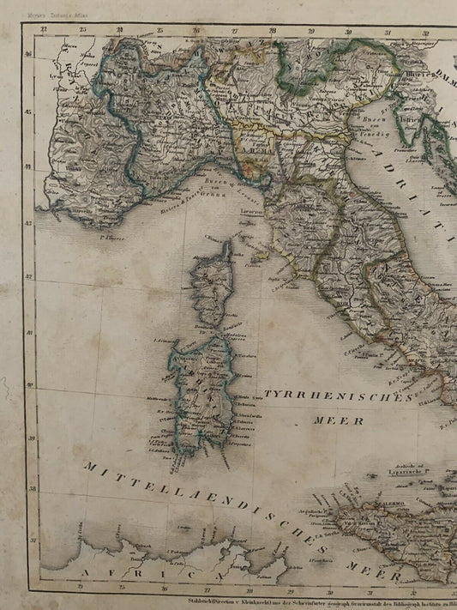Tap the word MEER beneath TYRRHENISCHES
tap(332, 421)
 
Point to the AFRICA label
tap(129, 571)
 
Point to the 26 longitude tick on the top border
tap(196, 32)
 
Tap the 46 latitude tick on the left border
tap(29, 52)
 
